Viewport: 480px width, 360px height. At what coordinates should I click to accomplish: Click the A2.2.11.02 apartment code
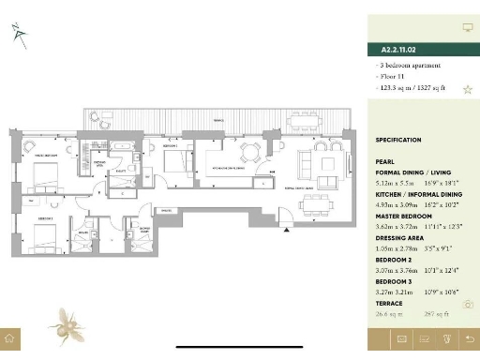(x=398, y=49)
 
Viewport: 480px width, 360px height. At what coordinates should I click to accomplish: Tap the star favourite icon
(x=467, y=89)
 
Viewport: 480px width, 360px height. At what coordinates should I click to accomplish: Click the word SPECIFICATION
(x=398, y=140)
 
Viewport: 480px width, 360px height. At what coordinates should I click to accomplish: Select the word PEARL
(x=384, y=161)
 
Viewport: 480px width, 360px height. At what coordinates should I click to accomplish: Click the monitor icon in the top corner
(x=467, y=28)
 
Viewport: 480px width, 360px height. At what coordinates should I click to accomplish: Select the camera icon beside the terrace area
(x=468, y=304)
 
